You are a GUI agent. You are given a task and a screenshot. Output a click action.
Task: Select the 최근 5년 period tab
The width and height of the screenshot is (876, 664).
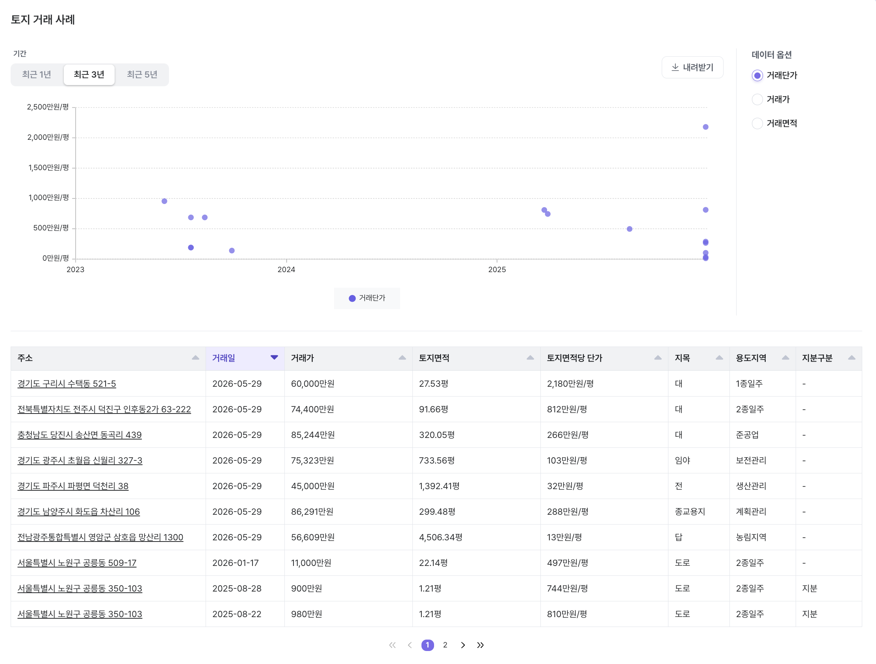tap(142, 74)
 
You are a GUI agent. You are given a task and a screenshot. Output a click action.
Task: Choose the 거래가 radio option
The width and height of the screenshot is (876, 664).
tap(757, 99)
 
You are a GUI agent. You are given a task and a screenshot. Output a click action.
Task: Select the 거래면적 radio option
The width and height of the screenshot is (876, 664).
tap(757, 124)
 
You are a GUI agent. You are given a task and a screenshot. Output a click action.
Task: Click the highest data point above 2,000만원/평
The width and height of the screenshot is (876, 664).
tap(705, 127)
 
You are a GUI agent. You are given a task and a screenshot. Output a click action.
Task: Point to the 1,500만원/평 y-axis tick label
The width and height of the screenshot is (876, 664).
tap(48, 167)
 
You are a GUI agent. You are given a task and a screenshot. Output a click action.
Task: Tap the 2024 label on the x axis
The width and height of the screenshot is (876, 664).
tap(286, 270)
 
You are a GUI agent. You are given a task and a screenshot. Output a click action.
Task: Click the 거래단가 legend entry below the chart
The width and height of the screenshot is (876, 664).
tap(367, 298)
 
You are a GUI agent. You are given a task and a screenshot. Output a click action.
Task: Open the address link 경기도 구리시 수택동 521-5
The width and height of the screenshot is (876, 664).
tap(67, 384)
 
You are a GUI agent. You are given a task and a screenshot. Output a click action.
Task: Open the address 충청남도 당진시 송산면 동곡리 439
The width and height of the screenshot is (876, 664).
tap(79, 435)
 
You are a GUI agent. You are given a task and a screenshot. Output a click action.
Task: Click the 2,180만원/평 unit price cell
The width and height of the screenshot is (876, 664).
tap(570, 384)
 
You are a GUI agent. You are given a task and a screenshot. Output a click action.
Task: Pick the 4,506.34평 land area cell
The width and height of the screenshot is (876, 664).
tap(440, 537)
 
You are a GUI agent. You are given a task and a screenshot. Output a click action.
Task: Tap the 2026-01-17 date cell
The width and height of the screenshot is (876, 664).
tap(235, 563)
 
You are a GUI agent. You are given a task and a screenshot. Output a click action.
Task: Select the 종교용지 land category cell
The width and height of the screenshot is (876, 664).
tap(690, 512)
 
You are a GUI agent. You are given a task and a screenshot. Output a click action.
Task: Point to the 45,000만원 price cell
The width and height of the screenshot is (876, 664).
tap(312, 486)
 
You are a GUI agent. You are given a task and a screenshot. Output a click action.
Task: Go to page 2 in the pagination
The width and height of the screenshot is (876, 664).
tap(445, 645)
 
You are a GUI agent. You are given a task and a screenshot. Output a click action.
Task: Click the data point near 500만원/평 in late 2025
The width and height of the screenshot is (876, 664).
tap(629, 229)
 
